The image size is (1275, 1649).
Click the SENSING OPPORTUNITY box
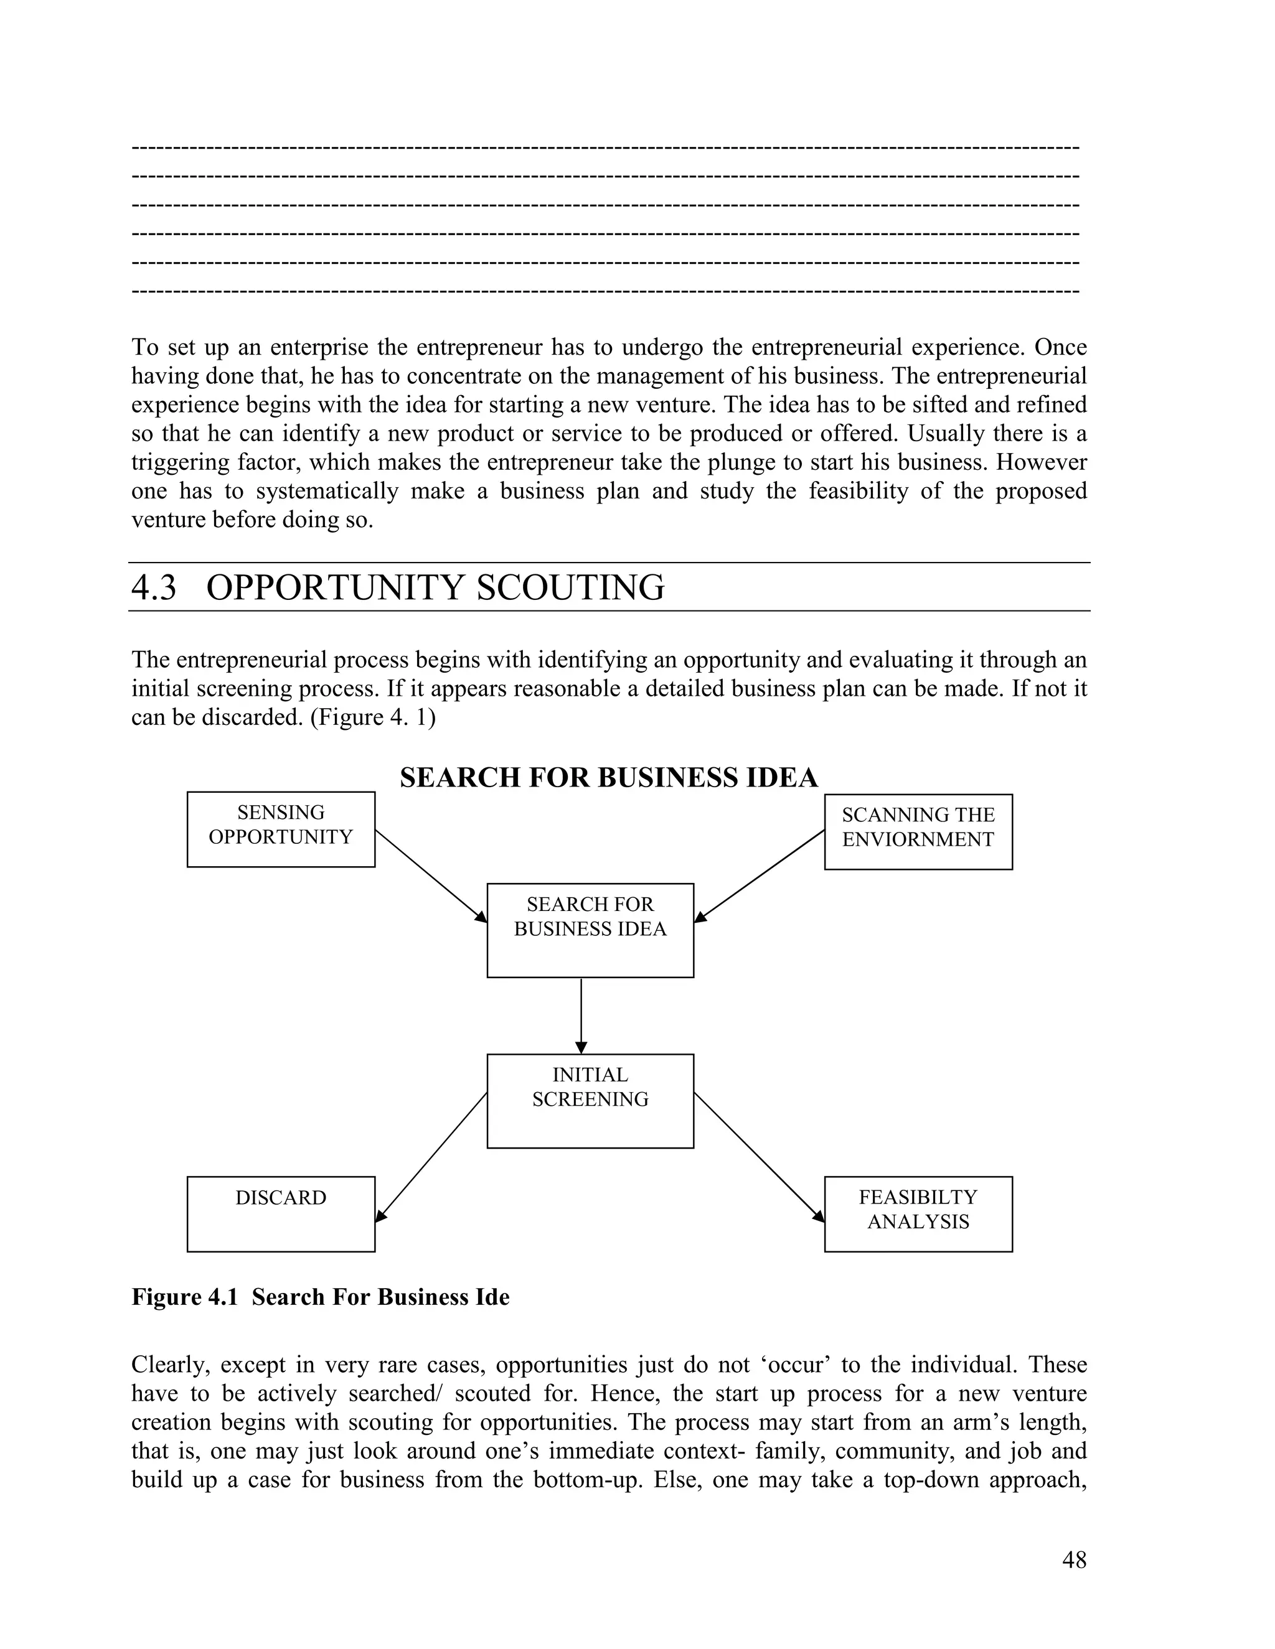click(281, 829)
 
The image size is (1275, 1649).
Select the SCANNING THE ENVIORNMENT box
click(918, 831)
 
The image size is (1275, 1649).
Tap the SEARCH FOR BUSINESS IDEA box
click(590, 930)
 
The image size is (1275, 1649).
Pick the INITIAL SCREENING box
click(590, 1101)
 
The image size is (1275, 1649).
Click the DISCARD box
click(281, 1213)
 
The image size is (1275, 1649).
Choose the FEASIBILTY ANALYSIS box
click(918, 1213)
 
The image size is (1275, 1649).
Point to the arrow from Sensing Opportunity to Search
click(431, 876)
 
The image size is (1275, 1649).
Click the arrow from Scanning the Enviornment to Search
click(759, 876)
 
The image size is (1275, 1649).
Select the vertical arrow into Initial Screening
click(581, 1016)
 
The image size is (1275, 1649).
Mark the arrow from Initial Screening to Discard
click(431, 1157)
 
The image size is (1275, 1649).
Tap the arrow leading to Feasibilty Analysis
click(759, 1157)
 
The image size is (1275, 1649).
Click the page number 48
click(1074, 1560)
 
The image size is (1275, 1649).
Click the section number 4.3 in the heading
click(153, 587)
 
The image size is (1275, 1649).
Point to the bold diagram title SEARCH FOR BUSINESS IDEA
click(608, 778)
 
